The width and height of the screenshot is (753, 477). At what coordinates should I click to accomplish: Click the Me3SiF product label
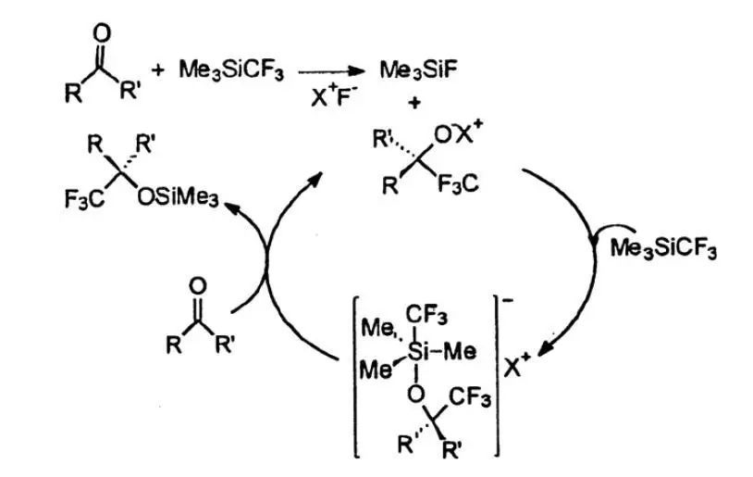[416, 68]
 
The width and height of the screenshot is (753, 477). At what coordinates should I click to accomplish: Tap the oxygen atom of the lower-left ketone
[195, 286]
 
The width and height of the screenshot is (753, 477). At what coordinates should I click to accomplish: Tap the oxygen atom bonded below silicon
[416, 393]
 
